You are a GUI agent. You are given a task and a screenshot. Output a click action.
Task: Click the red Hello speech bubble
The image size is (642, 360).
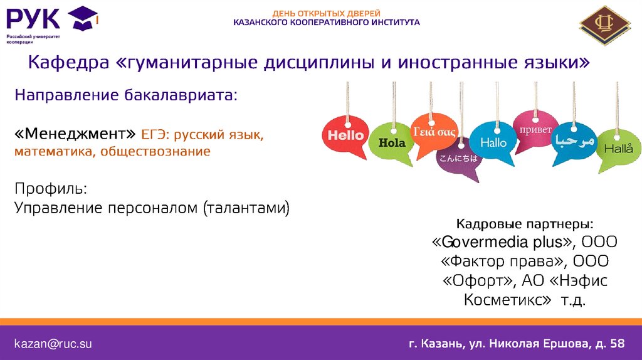click(x=345, y=135)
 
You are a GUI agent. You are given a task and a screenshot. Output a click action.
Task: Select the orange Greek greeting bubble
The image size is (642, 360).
click(x=434, y=132)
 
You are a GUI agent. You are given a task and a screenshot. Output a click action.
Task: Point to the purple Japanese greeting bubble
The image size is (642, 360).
click(x=458, y=158)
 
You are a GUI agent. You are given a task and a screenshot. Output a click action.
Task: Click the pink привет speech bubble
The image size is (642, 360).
click(x=535, y=130)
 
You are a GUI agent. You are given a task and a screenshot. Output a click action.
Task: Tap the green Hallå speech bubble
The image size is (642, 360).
click(x=618, y=148)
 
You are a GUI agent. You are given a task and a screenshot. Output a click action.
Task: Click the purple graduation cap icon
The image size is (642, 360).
click(x=83, y=18)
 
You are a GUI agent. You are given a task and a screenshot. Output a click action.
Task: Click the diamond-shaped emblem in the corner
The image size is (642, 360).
click(x=604, y=24)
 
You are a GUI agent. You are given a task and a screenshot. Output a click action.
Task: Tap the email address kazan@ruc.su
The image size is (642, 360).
click(x=53, y=344)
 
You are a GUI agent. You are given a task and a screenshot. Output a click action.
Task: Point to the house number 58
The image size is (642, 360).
click(x=617, y=343)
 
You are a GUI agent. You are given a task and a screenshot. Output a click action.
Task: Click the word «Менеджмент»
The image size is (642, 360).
click(x=75, y=134)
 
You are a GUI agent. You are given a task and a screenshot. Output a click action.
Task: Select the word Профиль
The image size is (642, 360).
click(x=51, y=189)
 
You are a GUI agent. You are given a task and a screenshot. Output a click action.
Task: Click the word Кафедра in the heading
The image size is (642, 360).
click(x=68, y=63)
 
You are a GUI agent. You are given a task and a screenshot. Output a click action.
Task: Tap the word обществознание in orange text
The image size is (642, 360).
click(x=155, y=152)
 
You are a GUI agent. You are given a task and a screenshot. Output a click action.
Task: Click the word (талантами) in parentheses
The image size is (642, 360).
click(x=246, y=208)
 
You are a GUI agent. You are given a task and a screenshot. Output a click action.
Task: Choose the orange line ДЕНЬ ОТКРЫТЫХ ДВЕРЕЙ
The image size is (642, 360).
click(x=326, y=14)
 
